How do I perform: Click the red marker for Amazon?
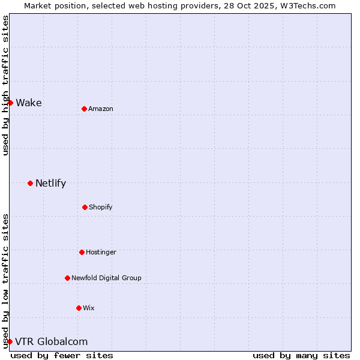(84, 109)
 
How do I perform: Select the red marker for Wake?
(10, 103)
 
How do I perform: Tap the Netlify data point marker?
(30, 183)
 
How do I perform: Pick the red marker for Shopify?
(85, 207)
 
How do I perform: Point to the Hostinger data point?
(82, 252)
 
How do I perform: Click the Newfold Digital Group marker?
(67, 278)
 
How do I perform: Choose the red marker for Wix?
(79, 308)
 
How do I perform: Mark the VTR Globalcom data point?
(10, 341)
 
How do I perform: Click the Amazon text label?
(101, 109)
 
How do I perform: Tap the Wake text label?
(29, 103)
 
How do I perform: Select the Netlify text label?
(50, 183)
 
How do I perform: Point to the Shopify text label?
(101, 207)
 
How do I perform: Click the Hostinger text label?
(101, 252)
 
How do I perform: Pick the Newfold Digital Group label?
(106, 278)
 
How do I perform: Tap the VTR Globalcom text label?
(51, 341)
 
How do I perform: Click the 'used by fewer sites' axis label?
(62, 355)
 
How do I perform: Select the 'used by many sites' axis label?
(301, 355)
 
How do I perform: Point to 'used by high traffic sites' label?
(5, 85)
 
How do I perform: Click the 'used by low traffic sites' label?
(5, 281)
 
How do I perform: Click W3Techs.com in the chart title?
(307, 5)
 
